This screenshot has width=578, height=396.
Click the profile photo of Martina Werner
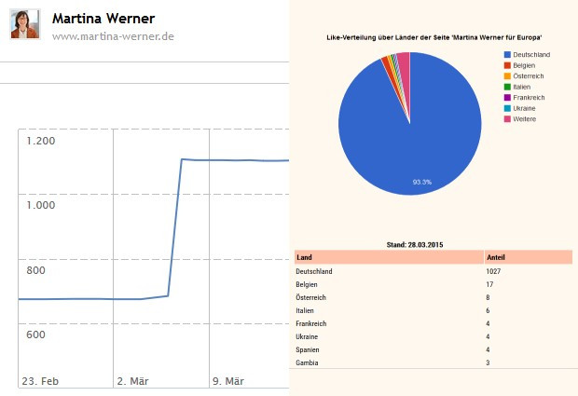[x=25, y=24]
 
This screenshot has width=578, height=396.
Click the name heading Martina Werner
[x=103, y=19]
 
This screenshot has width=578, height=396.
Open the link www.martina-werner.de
[x=113, y=36]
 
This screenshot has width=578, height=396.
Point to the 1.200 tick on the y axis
[x=42, y=141]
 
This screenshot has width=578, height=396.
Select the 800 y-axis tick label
[x=36, y=270]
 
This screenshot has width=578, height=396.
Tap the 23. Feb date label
[x=41, y=381]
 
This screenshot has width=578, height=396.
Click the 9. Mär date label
[x=228, y=381]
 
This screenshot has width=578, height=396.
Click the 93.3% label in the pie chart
[x=421, y=182]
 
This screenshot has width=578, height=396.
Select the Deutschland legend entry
[x=530, y=54]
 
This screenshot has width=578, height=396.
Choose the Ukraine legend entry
[x=524, y=108]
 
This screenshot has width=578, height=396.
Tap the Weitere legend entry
[x=524, y=119]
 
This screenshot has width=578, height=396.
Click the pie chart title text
[x=434, y=36]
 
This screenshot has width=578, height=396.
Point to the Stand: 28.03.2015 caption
[x=414, y=244]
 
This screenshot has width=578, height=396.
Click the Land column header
[x=304, y=256]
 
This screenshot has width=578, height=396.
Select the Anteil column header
[x=498, y=256]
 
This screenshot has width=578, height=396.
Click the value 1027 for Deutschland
[x=495, y=271]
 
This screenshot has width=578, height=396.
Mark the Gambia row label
[x=307, y=362]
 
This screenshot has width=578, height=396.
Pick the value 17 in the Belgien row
[x=490, y=284]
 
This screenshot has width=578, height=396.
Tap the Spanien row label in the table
[x=309, y=349]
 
